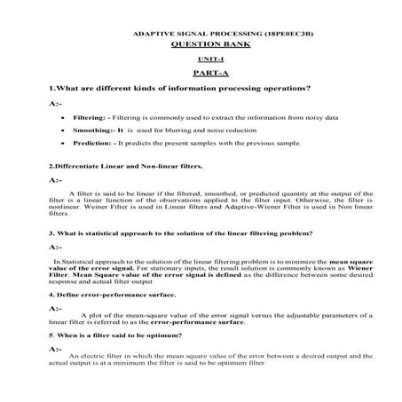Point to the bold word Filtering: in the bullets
pos(91,116)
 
